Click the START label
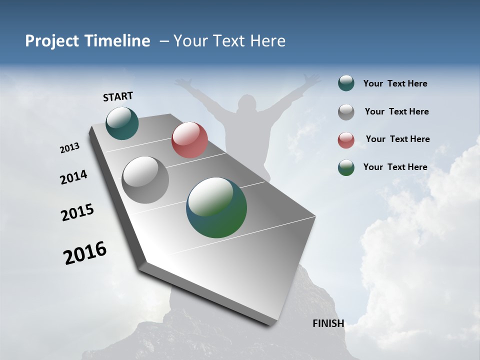coord(118,96)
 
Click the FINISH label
coord(328,323)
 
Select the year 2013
coord(70,148)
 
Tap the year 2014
coord(74,177)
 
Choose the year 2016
coord(85,253)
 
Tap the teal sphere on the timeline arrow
coord(122,123)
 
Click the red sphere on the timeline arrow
coord(189,140)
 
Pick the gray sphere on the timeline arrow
coord(145,180)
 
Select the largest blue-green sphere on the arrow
coord(216,207)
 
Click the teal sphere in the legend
coord(346,83)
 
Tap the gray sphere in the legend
coord(346,111)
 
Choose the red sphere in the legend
coord(346,139)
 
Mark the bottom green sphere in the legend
coord(346,167)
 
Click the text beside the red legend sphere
coord(397,139)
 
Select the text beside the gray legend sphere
coord(396,111)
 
